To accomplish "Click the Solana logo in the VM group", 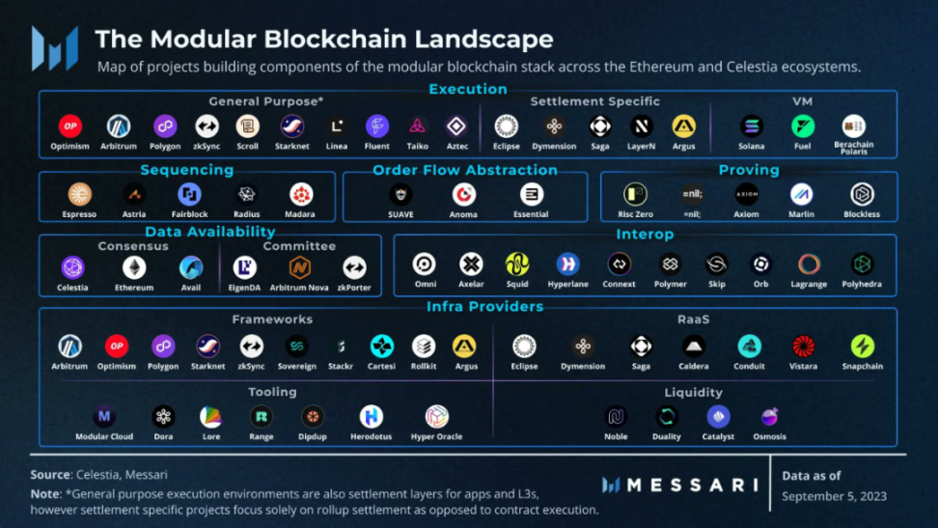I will coord(752,125).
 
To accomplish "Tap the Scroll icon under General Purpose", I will coord(248,125).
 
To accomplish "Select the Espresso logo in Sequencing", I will coord(80,194).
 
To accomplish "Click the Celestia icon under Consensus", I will coord(72,267).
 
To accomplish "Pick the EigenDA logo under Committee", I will coord(245,267).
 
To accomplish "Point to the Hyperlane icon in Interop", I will coord(567,264).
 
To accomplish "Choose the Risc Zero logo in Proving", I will coord(634,194).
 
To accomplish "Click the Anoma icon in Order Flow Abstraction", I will coord(463,194).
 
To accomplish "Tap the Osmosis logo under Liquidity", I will coord(769,416).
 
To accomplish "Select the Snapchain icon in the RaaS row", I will coord(862,346).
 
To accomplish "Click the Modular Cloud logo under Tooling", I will coord(104,416).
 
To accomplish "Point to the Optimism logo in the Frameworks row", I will coord(117,346).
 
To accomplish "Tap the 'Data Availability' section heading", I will coord(210,232).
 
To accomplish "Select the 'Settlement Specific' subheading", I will coord(595,101).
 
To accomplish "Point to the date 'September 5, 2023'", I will coord(834,496).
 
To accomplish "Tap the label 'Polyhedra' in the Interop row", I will coord(861,285).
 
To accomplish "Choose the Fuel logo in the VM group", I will coord(803,125).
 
